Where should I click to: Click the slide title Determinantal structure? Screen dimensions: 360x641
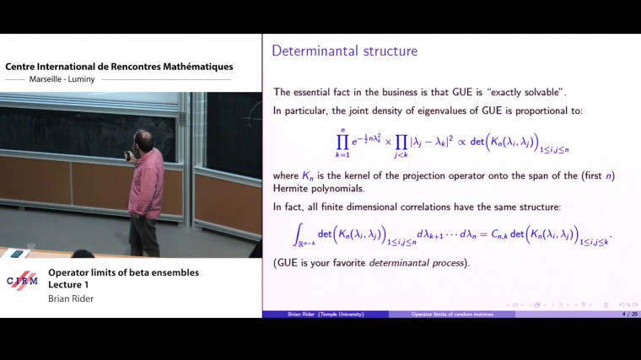[x=344, y=51]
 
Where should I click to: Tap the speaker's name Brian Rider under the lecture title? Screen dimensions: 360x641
[x=70, y=298]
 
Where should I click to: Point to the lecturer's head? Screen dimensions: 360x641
[x=143, y=140]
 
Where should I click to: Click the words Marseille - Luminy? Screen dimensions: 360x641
[x=62, y=80]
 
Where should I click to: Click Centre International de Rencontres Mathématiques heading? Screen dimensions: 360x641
[x=119, y=67]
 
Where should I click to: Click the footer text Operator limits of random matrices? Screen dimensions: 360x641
[x=451, y=314]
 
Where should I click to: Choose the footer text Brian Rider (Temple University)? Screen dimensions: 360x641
[x=326, y=314]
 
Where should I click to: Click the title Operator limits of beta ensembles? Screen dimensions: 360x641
[x=123, y=272]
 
